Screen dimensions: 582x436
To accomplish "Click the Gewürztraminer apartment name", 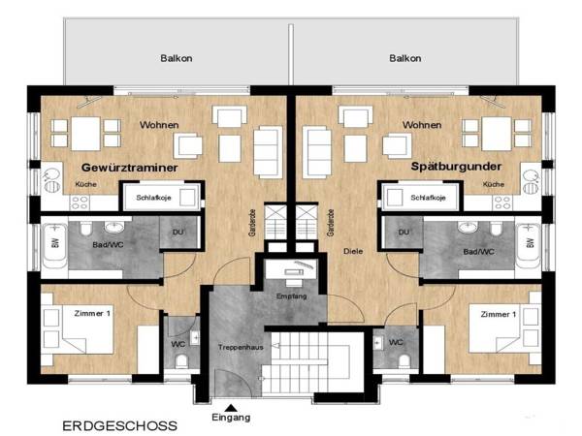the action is coord(129,168).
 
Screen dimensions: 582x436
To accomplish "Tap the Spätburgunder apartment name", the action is coord(456,167).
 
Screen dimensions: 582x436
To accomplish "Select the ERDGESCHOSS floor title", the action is coord(119,425).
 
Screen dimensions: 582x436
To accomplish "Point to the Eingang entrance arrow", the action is coord(231,408).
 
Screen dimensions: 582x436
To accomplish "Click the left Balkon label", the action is coord(177,58).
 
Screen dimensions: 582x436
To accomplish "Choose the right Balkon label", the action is coord(404,58).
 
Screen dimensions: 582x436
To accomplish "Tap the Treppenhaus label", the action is coord(241,348).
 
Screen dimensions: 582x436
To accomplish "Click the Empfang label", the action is coord(291,296).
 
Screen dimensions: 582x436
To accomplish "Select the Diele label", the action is coord(353,251).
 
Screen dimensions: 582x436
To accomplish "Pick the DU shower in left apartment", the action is coord(178,233).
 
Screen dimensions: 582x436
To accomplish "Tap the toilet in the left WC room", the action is coord(181,360).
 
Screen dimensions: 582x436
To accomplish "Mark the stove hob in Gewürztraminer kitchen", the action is coord(80,202).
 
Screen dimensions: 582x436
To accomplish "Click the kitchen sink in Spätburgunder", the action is coord(532,181).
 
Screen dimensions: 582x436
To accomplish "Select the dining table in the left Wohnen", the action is coord(85,134).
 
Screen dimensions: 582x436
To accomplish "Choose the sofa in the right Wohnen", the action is coord(317,152).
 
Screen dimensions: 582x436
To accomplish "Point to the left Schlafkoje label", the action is coord(153,198).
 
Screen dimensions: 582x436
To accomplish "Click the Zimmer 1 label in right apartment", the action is coord(499,314).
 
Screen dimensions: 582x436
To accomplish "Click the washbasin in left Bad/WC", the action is coord(114,227).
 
